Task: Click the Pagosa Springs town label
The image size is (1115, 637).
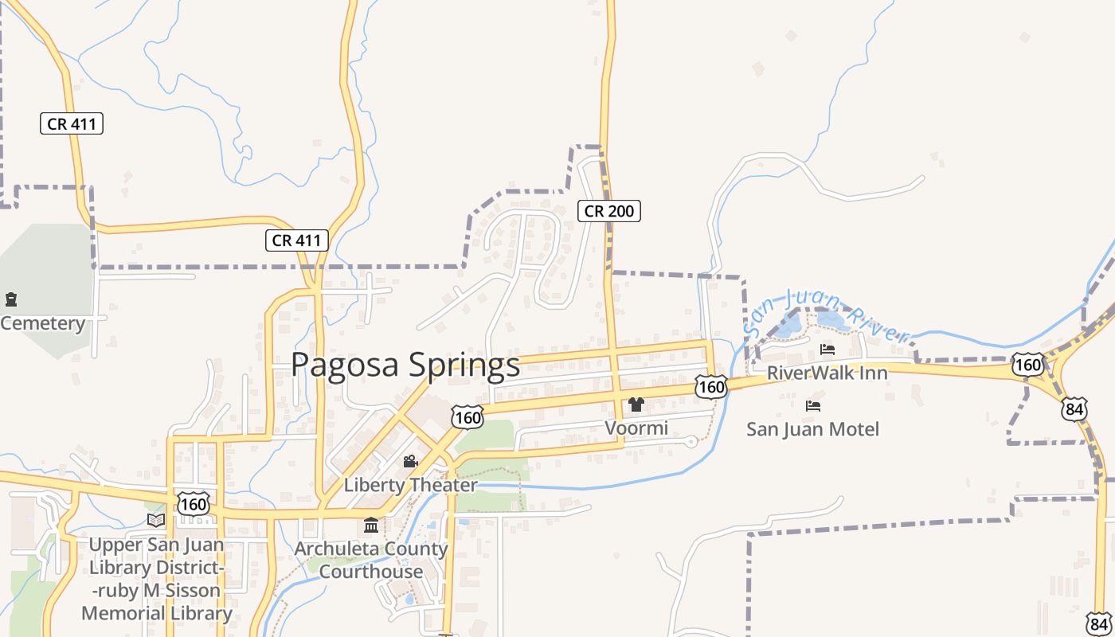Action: pyautogui.click(x=405, y=365)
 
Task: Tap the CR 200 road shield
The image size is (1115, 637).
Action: pyautogui.click(x=609, y=211)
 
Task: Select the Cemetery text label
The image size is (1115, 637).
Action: pyautogui.click(x=43, y=323)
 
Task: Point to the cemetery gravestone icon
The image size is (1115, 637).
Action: pyautogui.click(x=11, y=299)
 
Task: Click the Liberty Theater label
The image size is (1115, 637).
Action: pyautogui.click(x=410, y=484)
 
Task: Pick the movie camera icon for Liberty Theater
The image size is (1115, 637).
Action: pyautogui.click(x=410, y=462)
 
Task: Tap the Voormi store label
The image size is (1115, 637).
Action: pyautogui.click(x=636, y=428)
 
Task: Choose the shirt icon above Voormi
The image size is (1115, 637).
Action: pyautogui.click(x=636, y=404)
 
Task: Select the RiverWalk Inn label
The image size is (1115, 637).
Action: pyautogui.click(x=827, y=373)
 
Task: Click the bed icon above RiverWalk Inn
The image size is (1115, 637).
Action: pyautogui.click(x=827, y=349)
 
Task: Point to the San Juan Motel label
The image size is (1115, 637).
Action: pyautogui.click(x=812, y=429)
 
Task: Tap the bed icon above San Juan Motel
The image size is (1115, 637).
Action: pyautogui.click(x=812, y=406)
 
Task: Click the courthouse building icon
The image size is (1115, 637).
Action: pyautogui.click(x=371, y=525)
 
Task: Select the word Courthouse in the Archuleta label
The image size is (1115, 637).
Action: pyautogui.click(x=371, y=571)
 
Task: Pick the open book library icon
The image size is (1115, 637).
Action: pyautogui.click(x=156, y=520)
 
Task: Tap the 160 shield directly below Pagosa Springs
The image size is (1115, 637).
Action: pyautogui.click(x=467, y=416)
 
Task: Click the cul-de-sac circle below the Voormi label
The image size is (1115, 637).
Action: pyautogui.click(x=691, y=441)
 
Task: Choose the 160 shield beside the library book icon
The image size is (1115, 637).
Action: pyautogui.click(x=194, y=503)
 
